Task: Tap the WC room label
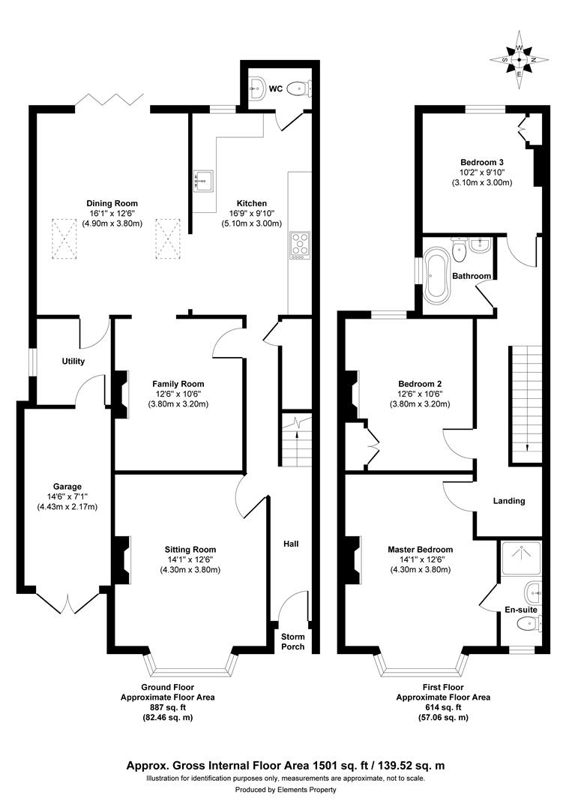click(276, 89)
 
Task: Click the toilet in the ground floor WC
click(303, 89)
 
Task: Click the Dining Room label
click(112, 203)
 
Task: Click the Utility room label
click(73, 361)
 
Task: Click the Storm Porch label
click(292, 641)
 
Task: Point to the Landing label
click(508, 501)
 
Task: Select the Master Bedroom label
click(420, 550)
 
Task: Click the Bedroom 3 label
click(481, 162)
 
